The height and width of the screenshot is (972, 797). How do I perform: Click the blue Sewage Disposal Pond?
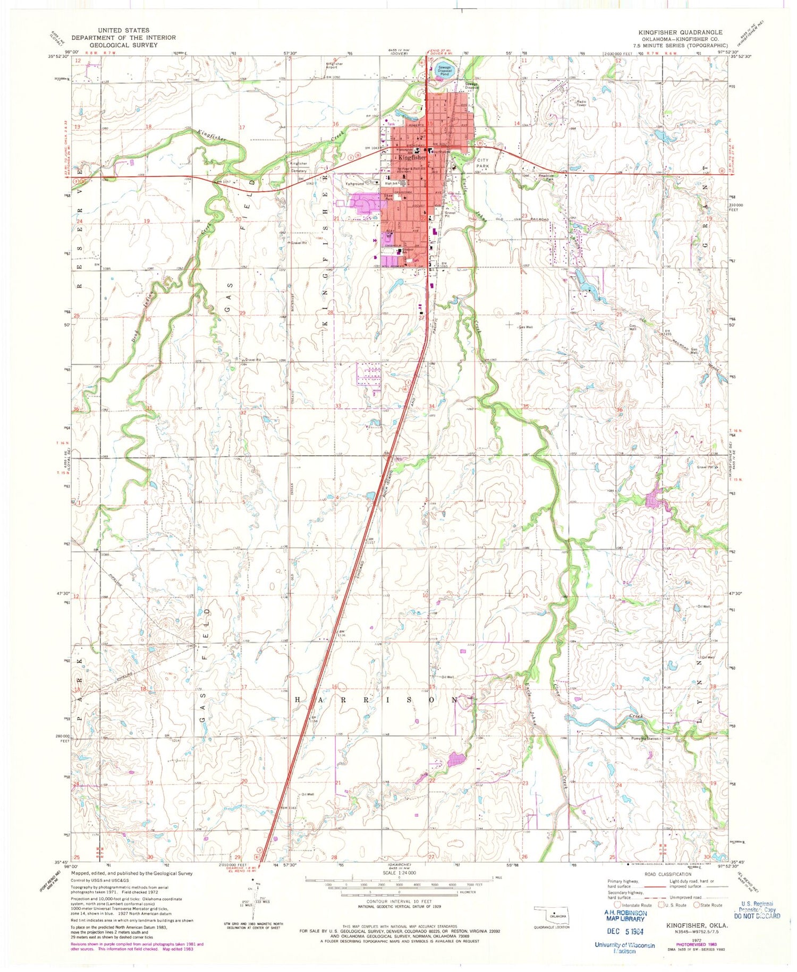(x=444, y=71)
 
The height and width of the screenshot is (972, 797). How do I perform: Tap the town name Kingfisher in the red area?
(x=412, y=158)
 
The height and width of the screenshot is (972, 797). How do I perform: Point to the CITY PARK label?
(x=483, y=163)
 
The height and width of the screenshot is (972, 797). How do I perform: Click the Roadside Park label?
(x=547, y=178)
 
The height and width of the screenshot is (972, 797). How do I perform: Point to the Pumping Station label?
(x=645, y=738)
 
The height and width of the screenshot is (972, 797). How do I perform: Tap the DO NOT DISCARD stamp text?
(x=757, y=916)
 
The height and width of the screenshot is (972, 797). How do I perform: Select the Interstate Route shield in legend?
(x=616, y=905)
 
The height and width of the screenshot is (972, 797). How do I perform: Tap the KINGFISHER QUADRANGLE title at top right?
(x=680, y=32)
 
